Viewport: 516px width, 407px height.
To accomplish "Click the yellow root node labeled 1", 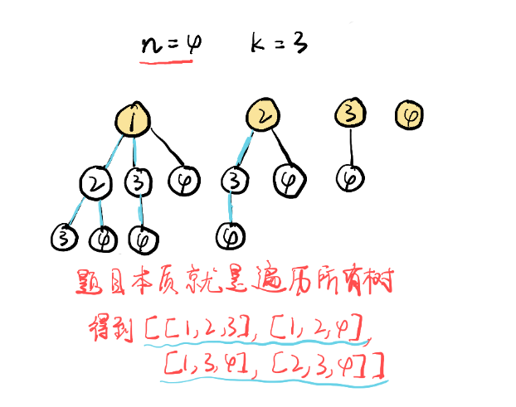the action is pyautogui.click(x=134, y=121).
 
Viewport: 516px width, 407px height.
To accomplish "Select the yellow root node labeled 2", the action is pyautogui.click(x=262, y=119).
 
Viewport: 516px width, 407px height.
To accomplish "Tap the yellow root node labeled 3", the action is pyautogui.click(x=351, y=114).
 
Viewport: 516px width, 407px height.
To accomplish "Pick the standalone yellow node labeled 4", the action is pyautogui.click(x=409, y=114).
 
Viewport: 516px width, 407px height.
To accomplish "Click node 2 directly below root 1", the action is pyautogui.click(x=98, y=183).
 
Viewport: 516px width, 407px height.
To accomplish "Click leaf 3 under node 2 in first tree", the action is pyautogui.click(x=63, y=237).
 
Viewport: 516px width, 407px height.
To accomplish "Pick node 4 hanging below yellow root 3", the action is pyautogui.click(x=352, y=177).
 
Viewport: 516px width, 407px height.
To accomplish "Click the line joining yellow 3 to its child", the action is pyautogui.click(x=352, y=147).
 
